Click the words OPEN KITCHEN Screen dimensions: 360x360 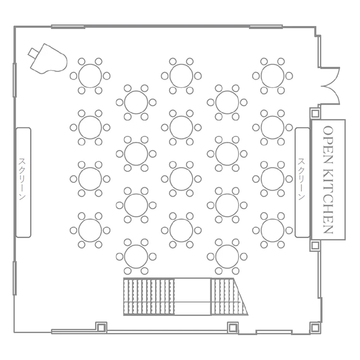(328, 180)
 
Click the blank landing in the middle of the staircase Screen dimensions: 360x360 (192, 297)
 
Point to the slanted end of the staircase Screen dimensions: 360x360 (240, 297)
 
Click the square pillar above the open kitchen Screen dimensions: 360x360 (315, 113)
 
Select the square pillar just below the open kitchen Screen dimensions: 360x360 (315, 245)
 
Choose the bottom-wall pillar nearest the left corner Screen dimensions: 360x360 (101, 327)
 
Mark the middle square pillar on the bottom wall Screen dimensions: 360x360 (233, 327)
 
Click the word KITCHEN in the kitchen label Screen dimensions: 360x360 (328, 201)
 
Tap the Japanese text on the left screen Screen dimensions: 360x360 (22, 179)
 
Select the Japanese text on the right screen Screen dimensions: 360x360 (301, 179)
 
